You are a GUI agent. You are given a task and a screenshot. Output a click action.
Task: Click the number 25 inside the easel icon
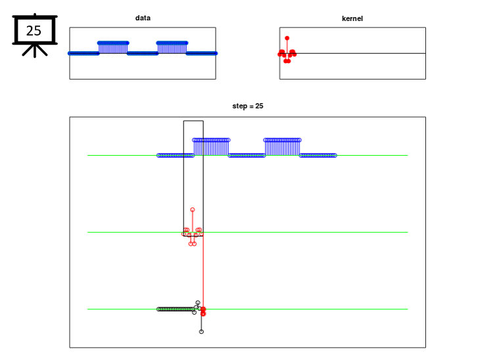tap(34, 31)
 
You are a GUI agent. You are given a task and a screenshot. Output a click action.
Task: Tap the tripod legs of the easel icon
tap(35, 51)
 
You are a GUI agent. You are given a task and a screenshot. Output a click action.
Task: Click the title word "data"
tap(143, 18)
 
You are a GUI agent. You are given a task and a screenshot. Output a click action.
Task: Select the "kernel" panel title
tap(352, 18)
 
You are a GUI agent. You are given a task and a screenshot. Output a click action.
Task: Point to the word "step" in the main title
tap(239, 106)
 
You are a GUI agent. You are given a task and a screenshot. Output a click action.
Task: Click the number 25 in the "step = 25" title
tap(260, 106)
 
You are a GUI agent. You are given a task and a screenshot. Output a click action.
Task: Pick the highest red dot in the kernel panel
tap(287, 38)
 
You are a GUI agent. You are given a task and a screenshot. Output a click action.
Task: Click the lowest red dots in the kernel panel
tap(287, 60)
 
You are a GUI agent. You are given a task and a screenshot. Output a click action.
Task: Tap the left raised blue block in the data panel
tap(113, 48)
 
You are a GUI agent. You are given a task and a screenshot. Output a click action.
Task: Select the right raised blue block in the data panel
tap(172, 48)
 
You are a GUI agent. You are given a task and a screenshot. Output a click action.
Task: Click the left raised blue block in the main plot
tap(211, 147)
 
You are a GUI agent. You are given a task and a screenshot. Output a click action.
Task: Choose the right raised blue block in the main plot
tap(282, 147)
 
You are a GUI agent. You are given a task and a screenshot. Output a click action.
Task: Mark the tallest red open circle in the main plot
tap(193, 210)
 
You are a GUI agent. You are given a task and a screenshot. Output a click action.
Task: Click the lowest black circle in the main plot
tap(201, 332)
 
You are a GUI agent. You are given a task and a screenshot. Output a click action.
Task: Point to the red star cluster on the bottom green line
tap(203, 311)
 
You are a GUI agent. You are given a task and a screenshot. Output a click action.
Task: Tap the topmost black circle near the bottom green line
tap(198, 302)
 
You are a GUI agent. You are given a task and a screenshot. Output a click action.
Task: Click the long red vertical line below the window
tap(203, 271)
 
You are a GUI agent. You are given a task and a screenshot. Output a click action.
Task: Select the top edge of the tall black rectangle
tap(193, 121)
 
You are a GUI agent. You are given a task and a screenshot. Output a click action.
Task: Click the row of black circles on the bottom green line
tap(176, 309)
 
